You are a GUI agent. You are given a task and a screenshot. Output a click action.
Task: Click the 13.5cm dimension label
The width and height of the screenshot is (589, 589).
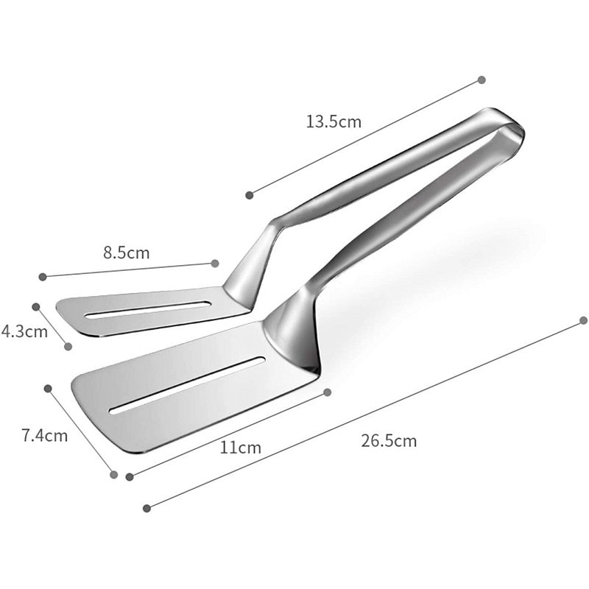click(x=334, y=121)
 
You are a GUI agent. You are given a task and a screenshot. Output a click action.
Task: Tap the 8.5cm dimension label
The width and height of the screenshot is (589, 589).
click(x=127, y=253)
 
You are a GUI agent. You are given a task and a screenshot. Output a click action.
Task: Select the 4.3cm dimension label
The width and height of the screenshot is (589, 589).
click(x=24, y=331)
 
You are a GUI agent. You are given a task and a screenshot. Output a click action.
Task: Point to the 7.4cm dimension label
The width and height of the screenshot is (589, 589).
click(x=45, y=435)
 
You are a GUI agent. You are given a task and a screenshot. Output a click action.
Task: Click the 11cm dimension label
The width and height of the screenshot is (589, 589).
click(x=241, y=448)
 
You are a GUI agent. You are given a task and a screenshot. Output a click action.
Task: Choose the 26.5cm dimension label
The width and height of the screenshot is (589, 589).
click(x=389, y=440)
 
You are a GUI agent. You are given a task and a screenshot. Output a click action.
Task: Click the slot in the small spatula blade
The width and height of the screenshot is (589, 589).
click(x=148, y=309)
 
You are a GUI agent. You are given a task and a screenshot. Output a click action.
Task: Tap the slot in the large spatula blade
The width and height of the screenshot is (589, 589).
click(x=187, y=385)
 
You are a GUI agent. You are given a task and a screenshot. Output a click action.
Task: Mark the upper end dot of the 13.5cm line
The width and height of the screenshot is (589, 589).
click(x=482, y=80)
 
